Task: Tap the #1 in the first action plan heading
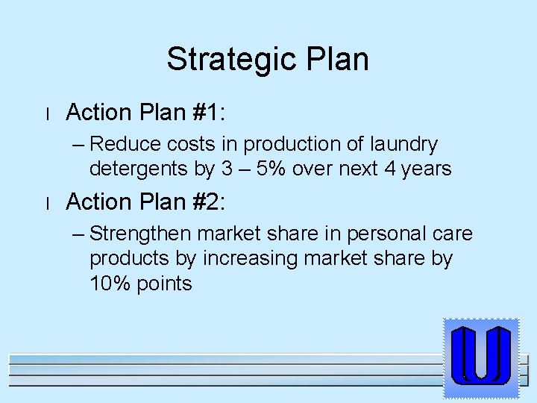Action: pos(210,113)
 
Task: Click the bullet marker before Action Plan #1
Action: pos(47,114)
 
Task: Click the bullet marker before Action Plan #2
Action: pos(47,203)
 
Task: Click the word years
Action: pos(427,169)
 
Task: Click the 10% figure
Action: pos(110,284)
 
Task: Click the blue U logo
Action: pos(481,357)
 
